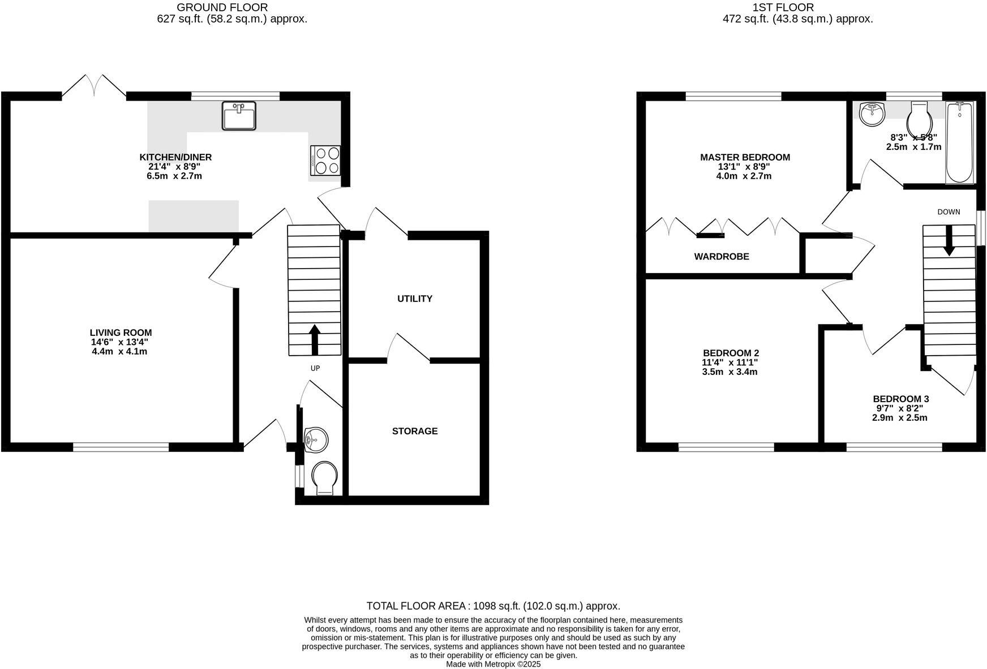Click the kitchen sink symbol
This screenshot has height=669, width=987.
point(239,116)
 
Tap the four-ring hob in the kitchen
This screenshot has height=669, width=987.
point(325,160)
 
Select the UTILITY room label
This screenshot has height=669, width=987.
point(414,299)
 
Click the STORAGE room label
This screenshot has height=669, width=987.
point(415,431)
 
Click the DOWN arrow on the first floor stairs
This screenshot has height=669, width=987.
point(949,240)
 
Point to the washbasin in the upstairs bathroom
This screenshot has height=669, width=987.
point(872,114)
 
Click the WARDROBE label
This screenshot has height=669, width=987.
point(722,257)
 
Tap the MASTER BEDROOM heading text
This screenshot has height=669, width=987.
point(745,157)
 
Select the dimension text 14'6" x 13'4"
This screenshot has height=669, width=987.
point(121,342)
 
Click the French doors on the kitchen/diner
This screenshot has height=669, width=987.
point(94,86)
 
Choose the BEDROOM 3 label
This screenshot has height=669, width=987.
point(900,399)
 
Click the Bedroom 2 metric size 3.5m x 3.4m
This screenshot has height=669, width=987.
point(729,372)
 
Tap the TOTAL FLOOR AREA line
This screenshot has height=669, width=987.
point(493,606)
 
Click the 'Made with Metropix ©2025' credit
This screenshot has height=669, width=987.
point(493,664)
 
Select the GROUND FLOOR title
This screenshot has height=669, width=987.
point(222,7)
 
